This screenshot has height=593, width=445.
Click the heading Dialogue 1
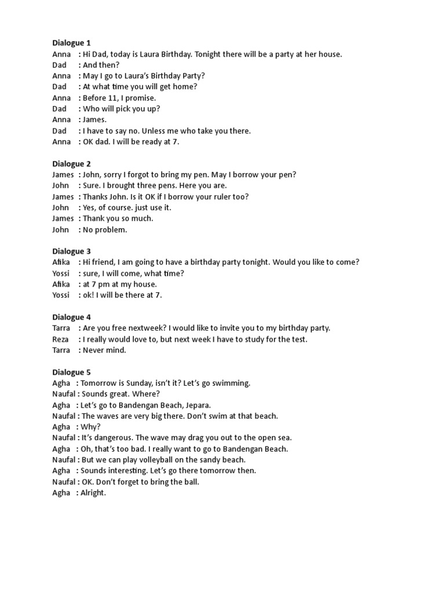[x=71, y=43]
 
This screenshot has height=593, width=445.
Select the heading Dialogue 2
[x=71, y=164]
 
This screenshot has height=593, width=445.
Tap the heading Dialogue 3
[x=71, y=251]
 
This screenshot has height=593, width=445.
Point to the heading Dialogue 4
[x=71, y=317]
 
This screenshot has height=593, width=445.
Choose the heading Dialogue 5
[x=71, y=372]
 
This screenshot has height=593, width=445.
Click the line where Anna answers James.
[x=94, y=120]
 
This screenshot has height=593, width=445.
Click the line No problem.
[x=104, y=229]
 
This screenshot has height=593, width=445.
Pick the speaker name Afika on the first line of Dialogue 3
[x=61, y=262]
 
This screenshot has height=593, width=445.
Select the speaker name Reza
[x=60, y=339]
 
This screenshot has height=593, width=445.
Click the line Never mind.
[x=104, y=350]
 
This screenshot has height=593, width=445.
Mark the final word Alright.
[x=93, y=493]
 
